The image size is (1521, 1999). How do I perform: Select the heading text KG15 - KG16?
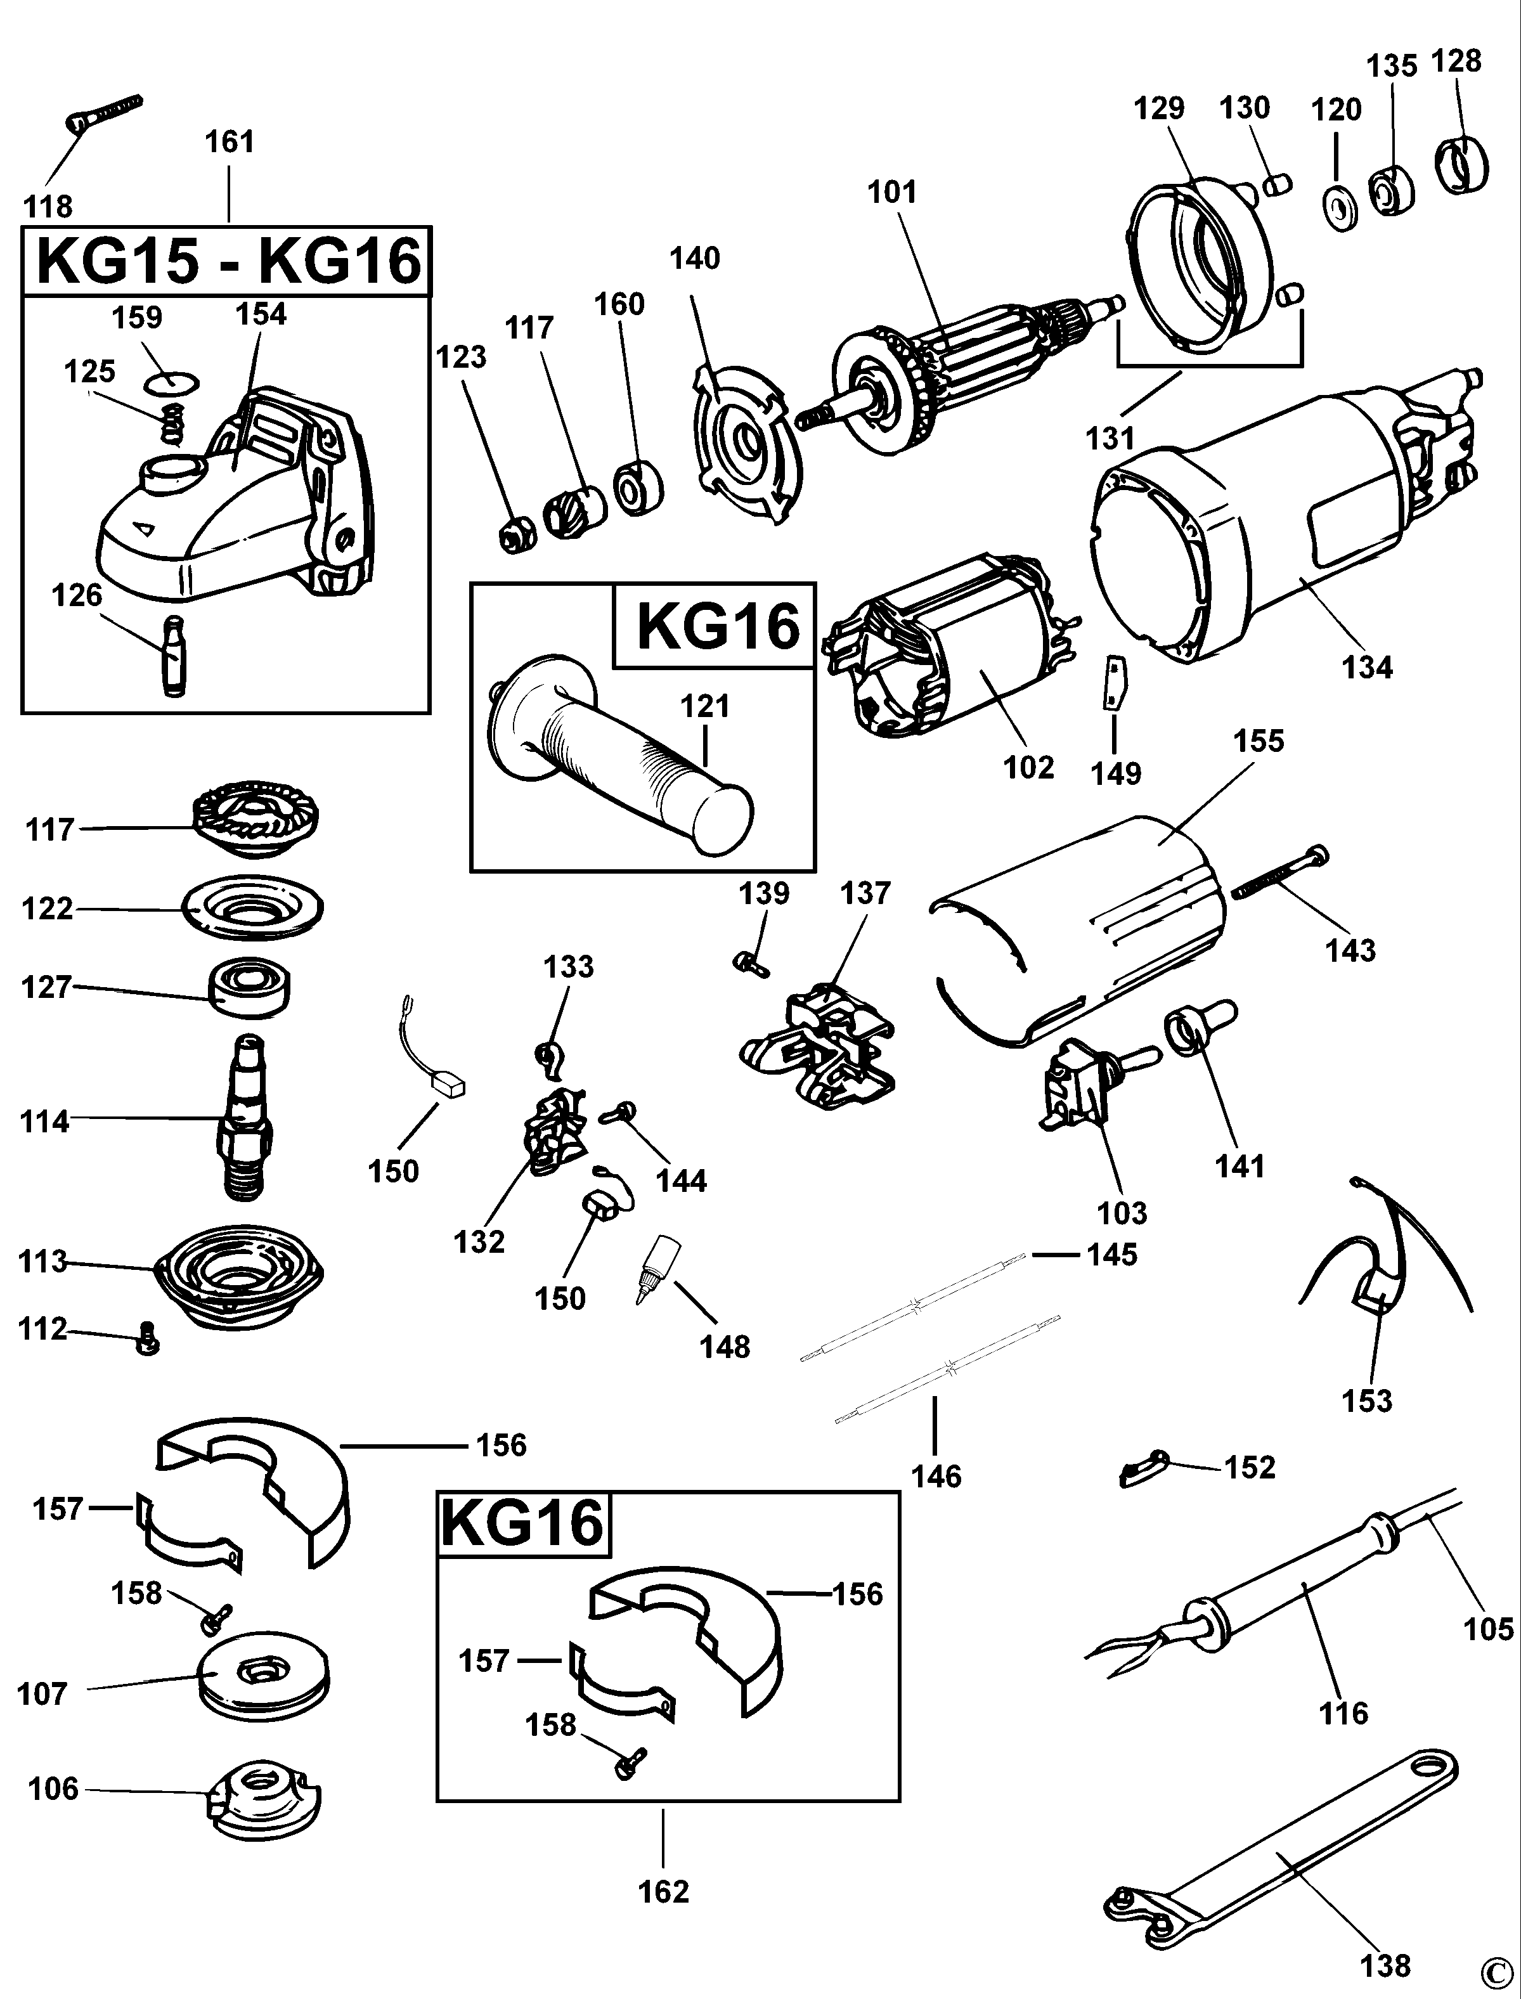click(x=228, y=262)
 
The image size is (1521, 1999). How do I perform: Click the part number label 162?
click(x=664, y=1891)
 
